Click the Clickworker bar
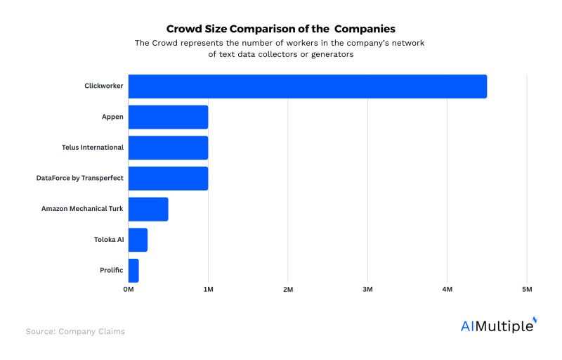click(x=308, y=86)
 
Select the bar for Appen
click(x=169, y=117)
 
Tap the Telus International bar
click(x=169, y=148)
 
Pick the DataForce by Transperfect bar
click(x=169, y=179)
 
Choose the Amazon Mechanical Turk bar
click(x=148, y=209)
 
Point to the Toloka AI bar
click(x=138, y=240)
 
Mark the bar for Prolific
click(x=133, y=270)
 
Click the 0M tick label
click(x=129, y=289)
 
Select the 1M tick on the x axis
click(x=208, y=289)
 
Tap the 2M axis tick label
click(x=288, y=289)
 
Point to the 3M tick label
click(x=367, y=289)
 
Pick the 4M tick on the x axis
click(x=447, y=289)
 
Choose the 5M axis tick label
click(x=527, y=289)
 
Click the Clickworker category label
click(x=103, y=86)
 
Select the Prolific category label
click(x=112, y=270)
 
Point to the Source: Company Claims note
click(x=75, y=331)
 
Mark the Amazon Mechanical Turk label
click(x=82, y=209)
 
